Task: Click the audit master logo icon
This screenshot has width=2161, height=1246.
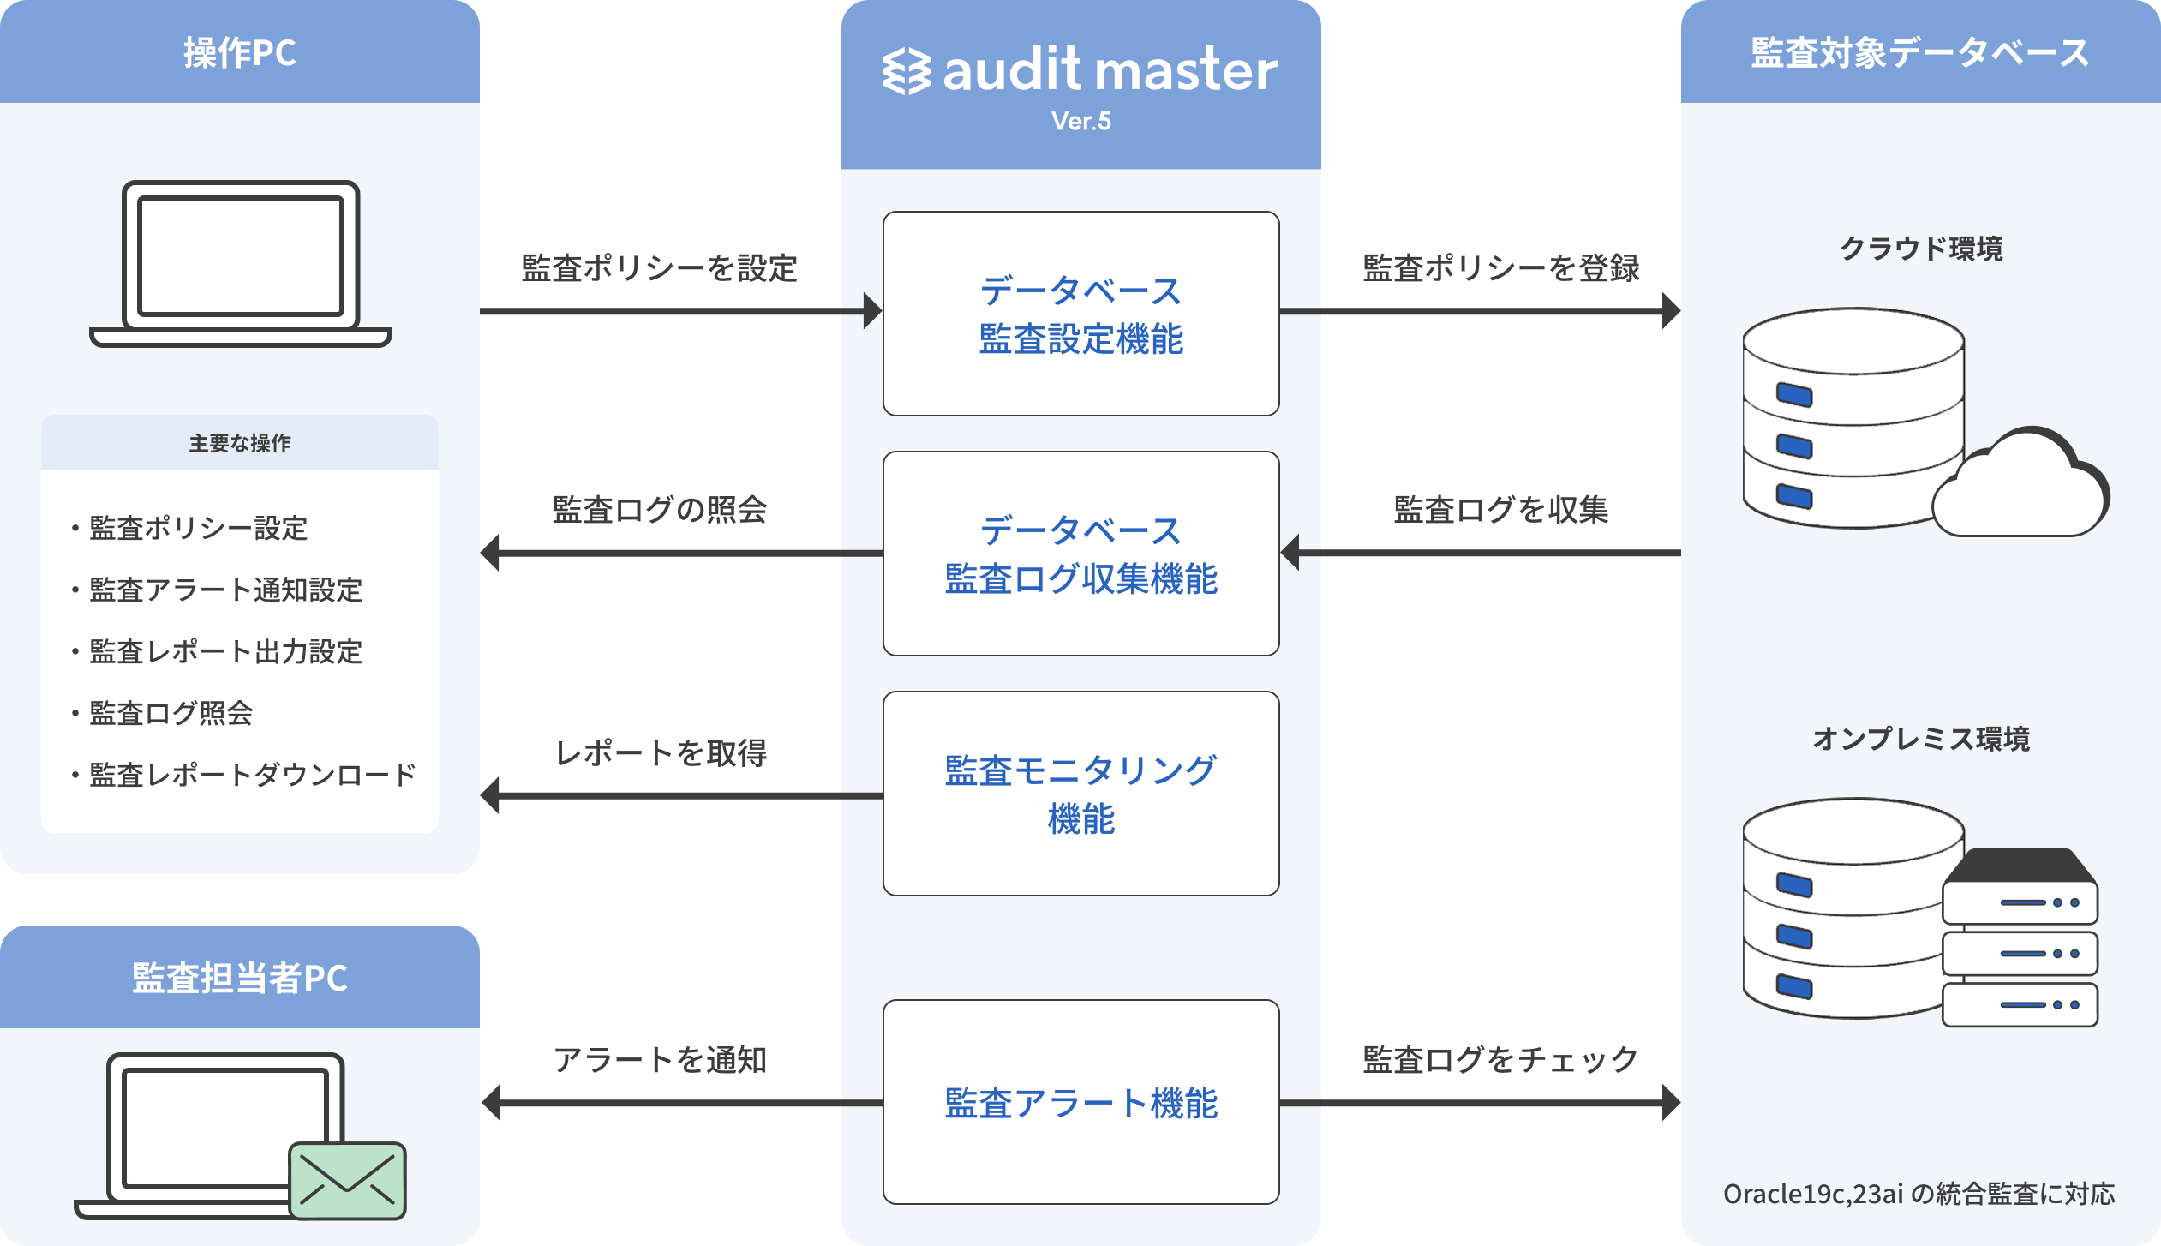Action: tap(907, 71)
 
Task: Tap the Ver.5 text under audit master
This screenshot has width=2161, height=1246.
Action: tap(1080, 122)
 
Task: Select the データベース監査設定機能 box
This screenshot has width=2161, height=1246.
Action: tap(1080, 314)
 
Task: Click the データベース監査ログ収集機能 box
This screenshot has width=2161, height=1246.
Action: tap(1080, 554)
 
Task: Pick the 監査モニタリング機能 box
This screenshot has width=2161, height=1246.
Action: tap(1080, 794)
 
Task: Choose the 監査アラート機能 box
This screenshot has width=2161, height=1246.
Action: tap(1080, 1102)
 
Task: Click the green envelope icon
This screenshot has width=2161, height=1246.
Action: tap(347, 1180)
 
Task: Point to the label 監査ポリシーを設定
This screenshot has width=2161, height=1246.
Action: tap(659, 268)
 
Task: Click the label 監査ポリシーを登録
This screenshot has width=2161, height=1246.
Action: tap(1500, 268)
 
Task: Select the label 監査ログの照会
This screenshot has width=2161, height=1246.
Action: tap(659, 510)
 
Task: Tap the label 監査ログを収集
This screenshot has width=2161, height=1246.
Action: tap(1500, 510)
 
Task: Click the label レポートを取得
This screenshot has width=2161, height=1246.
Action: tap(661, 753)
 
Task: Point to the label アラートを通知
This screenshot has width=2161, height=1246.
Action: tap(660, 1060)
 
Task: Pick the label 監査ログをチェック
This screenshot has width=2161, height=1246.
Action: tap(1500, 1060)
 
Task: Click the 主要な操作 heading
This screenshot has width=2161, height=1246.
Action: tap(240, 443)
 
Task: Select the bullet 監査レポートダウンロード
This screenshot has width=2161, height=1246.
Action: tap(252, 775)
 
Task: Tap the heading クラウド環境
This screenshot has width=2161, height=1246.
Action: tap(1921, 249)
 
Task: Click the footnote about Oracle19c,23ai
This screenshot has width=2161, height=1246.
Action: tap(1919, 1194)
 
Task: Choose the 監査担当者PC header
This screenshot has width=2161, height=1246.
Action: tap(240, 978)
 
